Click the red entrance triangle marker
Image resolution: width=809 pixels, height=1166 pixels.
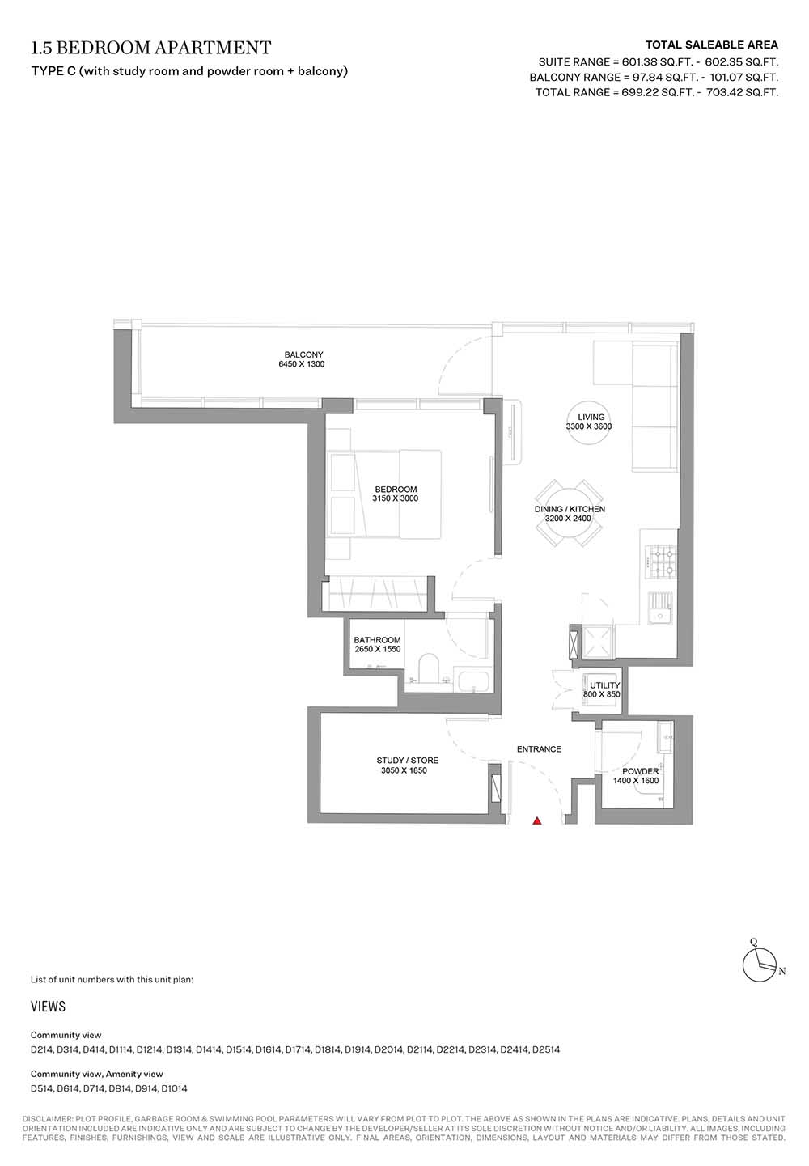[536, 821]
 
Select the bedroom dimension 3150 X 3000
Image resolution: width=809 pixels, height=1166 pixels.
[395, 498]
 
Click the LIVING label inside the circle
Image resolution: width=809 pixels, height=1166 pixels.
[591, 417]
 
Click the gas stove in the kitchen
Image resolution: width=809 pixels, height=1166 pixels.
[661, 562]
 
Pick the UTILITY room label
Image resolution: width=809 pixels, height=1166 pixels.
[604, 685]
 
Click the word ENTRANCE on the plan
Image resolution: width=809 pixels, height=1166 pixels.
[539, 749]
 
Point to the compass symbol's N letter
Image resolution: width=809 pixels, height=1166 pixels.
[782, 971]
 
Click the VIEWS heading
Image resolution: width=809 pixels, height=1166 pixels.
[48, 1007]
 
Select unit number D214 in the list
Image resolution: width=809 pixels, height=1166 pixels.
[41, 1050]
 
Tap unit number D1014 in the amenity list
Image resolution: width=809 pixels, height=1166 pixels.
[174, 1088]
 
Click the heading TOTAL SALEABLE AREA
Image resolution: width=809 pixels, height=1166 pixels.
[712, 45]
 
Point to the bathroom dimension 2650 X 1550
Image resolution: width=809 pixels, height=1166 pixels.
[378, 649]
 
